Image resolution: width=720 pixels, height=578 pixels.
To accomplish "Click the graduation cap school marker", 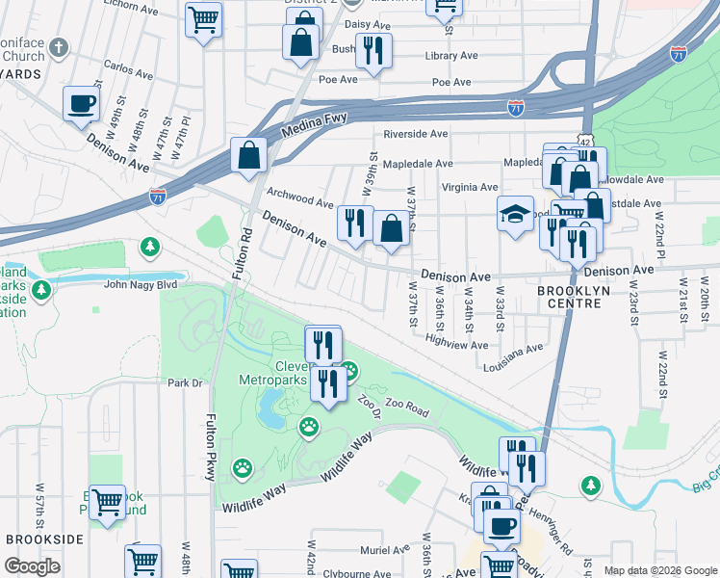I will [x=515, y=213].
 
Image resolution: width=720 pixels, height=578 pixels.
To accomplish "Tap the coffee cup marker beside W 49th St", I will [x=81, y=103].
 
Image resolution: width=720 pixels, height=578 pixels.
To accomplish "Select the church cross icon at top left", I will [x=60, y=46].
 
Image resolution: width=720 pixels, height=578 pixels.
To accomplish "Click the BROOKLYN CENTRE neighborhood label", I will [x=569, y=297].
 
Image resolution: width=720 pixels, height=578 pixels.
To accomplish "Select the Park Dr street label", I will [x=186, y=382].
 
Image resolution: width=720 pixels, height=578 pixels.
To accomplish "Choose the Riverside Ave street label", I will [x=417, y=134].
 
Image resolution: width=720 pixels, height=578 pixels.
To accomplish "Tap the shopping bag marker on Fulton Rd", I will [x=248, y=156].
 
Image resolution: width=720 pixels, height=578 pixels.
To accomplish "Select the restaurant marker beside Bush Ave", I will [x=373, y=50].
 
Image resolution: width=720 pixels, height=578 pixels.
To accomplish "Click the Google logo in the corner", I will [x=32, y=566].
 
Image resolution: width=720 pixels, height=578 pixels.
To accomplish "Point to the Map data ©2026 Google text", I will [x=658, y=570].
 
